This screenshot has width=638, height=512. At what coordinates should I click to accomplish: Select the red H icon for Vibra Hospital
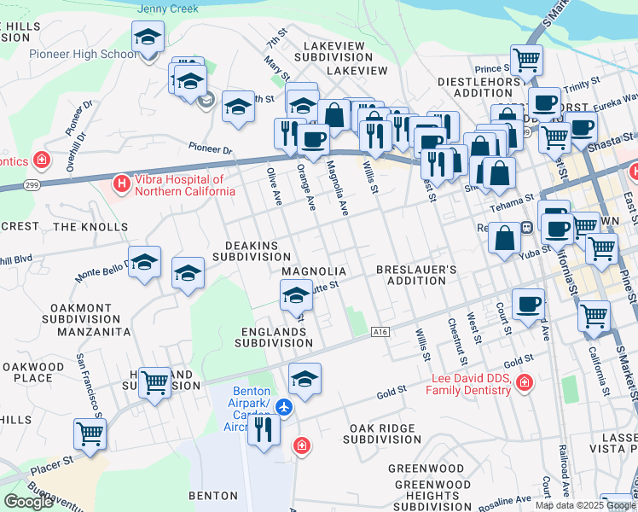(x=122, y=183)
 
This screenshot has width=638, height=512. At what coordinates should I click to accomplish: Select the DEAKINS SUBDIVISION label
(x=252, y=249)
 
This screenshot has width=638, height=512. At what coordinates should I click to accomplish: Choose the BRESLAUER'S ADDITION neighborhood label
(x=417, y=276)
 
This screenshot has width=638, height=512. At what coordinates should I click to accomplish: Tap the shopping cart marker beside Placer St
(x=90, y=433)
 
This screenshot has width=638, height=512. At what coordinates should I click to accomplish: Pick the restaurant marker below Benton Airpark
(x=264, y=428)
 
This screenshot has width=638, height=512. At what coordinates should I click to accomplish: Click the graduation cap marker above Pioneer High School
(x=148, y=38)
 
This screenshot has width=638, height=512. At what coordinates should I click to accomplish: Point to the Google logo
(x=28, y=502)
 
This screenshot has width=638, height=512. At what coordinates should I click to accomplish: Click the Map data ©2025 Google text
(x=584, y=505)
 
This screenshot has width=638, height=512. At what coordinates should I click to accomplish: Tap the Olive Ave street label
(x=274, y=186)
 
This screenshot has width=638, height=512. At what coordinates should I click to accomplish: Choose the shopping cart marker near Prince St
(x=526, y=61)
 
